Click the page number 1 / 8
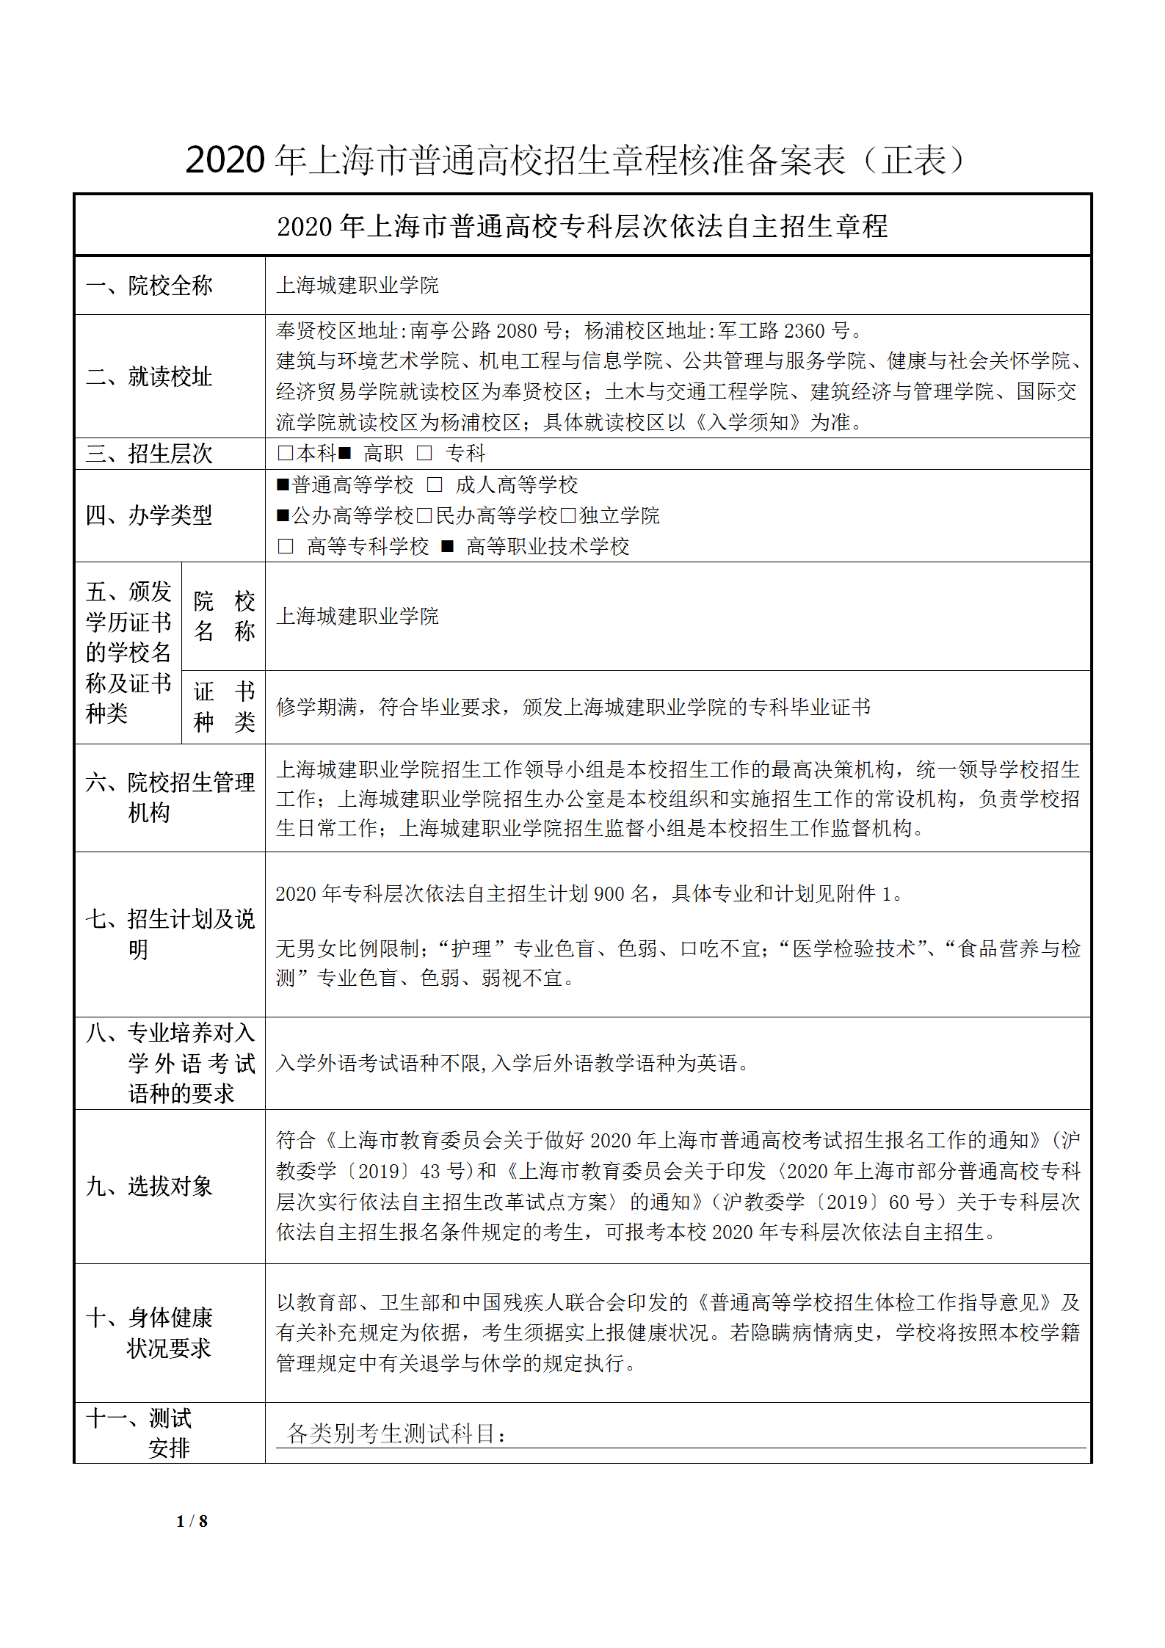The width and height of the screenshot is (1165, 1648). click(192, 1520)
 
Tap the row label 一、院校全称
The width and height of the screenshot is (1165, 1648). click(149, 285)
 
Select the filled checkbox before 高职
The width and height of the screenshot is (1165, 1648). click(344, 454)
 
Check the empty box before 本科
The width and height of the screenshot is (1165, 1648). click(285, 454)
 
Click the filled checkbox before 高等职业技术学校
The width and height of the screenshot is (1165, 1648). click(447, 546)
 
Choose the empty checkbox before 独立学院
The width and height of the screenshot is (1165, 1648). click(568, 515)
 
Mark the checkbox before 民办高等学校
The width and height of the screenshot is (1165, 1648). click(424, 515)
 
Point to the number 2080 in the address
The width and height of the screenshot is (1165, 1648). click(516, 331)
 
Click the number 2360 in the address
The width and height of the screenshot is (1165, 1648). click(805, 331)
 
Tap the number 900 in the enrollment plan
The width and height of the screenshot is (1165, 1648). click(609, 893)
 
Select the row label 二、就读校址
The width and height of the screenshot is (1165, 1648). click(149, 377)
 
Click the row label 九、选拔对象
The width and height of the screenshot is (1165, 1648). click(149, 1186)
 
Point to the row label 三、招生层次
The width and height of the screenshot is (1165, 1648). click(149, 454)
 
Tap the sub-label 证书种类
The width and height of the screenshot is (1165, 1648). click(224, 706)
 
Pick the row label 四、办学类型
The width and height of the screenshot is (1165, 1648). click(149, 515)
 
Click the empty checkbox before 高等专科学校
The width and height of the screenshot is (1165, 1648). click(285, 546)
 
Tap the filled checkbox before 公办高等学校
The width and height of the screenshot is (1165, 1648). click(283, 515)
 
